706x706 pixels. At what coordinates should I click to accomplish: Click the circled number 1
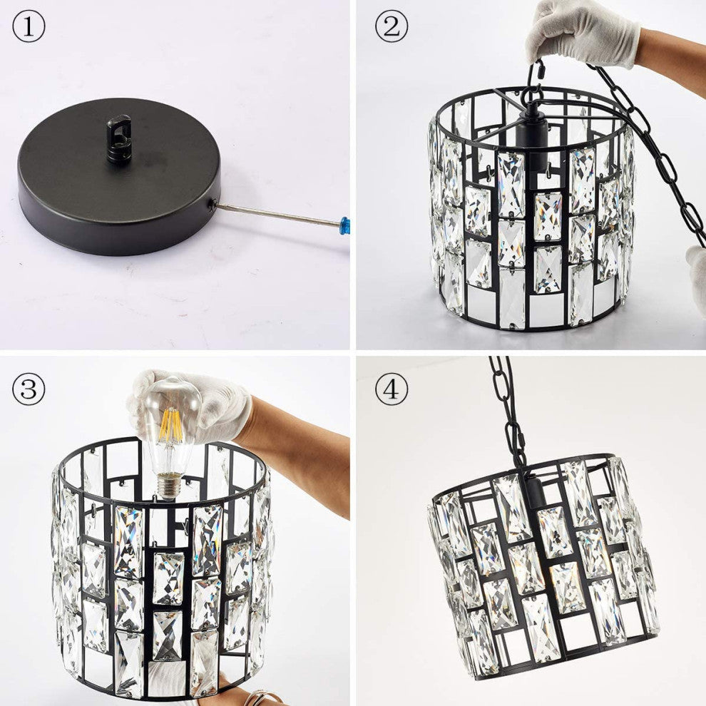click(29, 26)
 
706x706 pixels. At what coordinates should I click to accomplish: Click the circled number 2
click(392, 26)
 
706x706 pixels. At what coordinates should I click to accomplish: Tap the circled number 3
click(29, 389)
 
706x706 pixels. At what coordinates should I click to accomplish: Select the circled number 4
click(392, 389)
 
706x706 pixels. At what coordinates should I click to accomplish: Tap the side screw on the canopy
click(212, 204)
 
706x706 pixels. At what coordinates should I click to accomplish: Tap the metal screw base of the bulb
click(168, 488)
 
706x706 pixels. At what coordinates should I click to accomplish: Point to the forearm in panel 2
click(671, 53)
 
